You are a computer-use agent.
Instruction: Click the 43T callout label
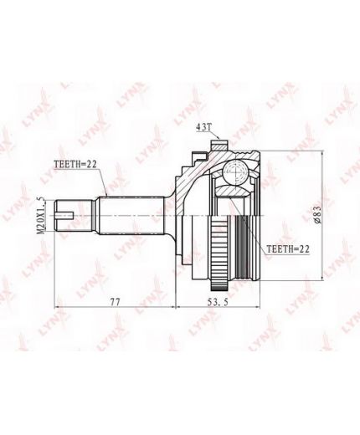click(204, 127)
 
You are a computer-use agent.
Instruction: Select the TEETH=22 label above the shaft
click(75, 164)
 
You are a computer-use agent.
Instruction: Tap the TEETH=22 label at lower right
click(288, 249)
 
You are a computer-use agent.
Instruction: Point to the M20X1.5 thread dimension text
click(41, 215)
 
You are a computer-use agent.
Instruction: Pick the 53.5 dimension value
click(219, 301)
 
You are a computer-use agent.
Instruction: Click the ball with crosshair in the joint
click(235, 172)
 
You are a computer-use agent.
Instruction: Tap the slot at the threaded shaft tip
click(64, 215)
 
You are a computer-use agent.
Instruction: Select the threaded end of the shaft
click(74, 215)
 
